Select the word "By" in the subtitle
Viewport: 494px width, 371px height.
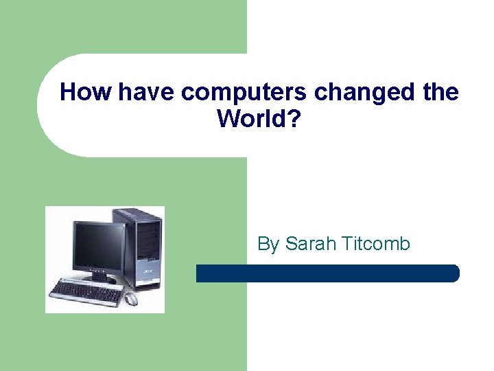268,245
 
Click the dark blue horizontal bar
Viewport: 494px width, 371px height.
327,273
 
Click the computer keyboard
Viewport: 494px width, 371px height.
86,291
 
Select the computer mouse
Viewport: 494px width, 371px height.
130,299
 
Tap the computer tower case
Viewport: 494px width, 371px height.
141,247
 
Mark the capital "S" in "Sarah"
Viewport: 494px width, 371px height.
290,244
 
